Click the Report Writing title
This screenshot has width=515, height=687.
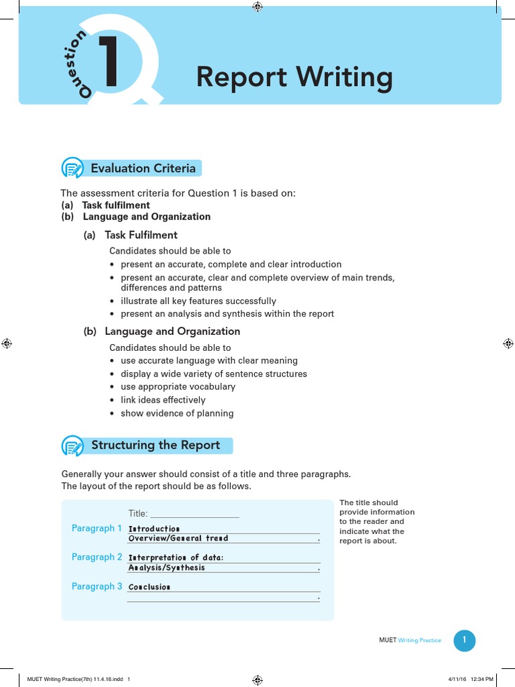point(294,78)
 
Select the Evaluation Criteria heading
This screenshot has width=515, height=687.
point(144,168)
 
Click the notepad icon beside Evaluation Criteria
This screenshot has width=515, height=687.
point(72,168)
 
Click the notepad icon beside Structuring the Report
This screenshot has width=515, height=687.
point(72,445)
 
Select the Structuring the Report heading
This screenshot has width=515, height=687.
point(156,445)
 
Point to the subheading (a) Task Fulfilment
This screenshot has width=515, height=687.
point(131,235)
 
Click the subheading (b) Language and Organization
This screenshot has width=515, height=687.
point(162,331)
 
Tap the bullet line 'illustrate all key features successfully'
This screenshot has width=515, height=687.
point(198,301)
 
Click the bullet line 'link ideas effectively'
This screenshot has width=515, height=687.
point(163,400)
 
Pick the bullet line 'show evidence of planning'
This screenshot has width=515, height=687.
point(177,413)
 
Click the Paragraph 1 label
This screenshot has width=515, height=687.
point(97,529)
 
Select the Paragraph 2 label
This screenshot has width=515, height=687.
point(97,558)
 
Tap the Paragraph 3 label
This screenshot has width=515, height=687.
point(97,586)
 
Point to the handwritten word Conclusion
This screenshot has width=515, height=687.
point(150,587)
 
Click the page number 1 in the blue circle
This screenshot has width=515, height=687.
point(464,640)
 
